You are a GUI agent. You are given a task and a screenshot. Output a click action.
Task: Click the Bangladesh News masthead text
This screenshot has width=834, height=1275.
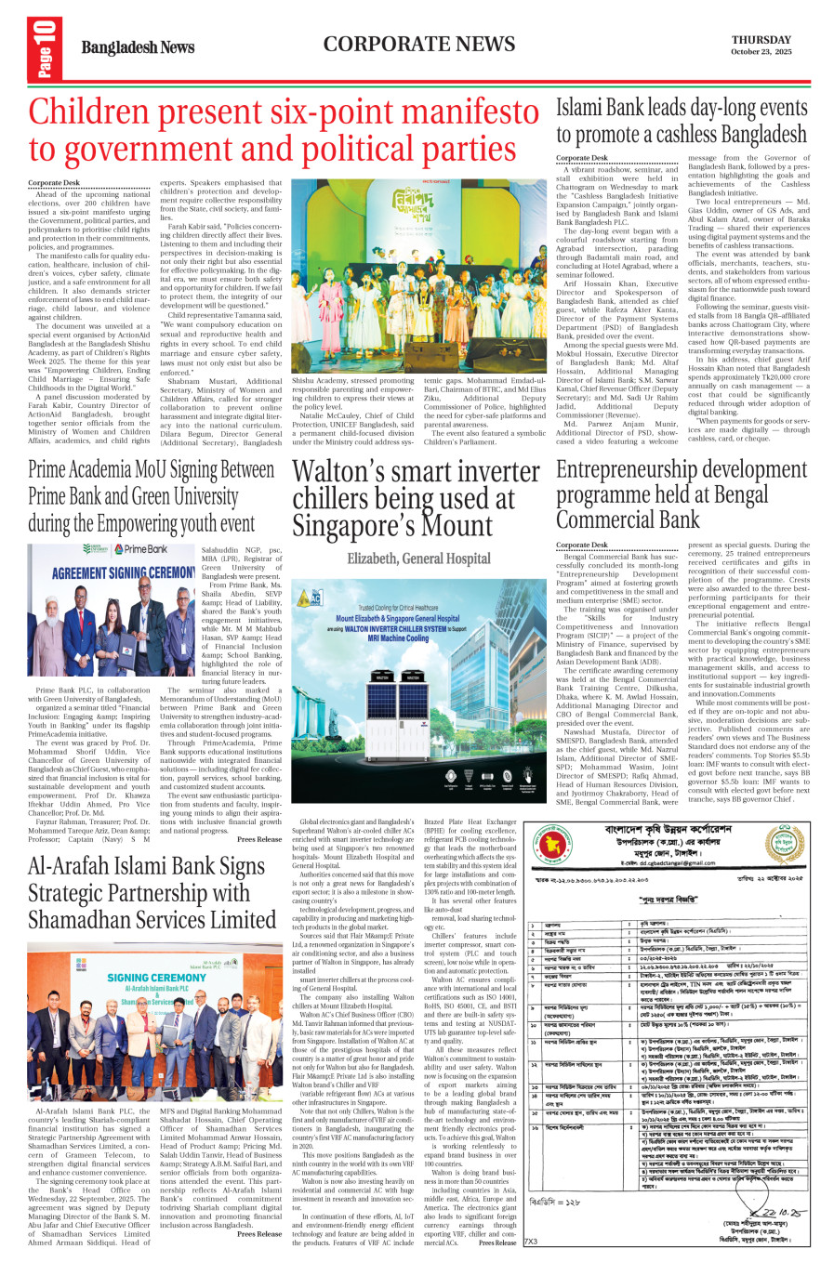click(x=138, y=47)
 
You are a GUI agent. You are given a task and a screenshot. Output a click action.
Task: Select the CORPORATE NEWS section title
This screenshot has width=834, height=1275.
click(x=418, y=45)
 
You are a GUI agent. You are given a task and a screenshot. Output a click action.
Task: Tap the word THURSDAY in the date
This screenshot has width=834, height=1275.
click(x=761, y=40)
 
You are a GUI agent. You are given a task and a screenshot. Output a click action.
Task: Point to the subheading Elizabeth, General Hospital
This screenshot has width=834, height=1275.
click(x=418, y=559)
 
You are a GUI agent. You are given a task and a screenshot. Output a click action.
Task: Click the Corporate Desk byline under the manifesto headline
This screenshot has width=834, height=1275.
click(x=54, y=183)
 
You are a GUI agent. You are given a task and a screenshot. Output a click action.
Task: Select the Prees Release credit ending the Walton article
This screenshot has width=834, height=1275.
click(x=497, y=1242)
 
